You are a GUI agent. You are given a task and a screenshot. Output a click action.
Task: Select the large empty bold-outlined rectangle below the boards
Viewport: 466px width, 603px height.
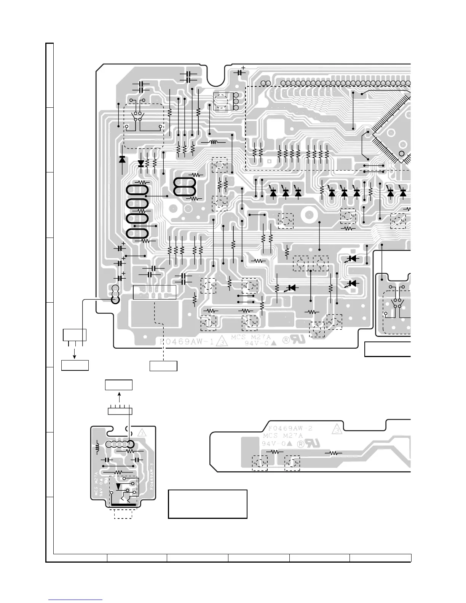pyautogui.click(x=207, y=504)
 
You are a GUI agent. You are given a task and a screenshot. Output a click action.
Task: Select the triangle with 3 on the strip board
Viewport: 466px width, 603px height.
pyautogui.click(x=337, y=430)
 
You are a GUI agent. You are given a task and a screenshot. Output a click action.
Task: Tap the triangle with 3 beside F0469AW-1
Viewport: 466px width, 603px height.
pyautogui.click(x=220, y=341)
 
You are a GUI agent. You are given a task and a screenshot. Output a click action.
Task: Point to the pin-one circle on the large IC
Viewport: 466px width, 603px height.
pyautogui.click(x=402, y=154)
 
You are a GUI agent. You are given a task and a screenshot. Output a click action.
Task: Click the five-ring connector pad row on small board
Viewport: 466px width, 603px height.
pyautogui.click(x=120, y=444)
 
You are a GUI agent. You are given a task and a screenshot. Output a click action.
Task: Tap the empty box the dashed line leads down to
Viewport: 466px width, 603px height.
pyautogui.click(x=163, y=365)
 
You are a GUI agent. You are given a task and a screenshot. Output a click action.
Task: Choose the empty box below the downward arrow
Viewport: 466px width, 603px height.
pyautogui.click(x=75, y=365)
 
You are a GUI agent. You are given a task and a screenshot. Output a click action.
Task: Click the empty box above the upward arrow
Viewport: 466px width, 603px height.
pyautogui.click(x=119, y=385)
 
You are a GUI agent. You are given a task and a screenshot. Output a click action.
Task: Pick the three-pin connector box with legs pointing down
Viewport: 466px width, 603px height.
pyautogui.click(x=75, y=335)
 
